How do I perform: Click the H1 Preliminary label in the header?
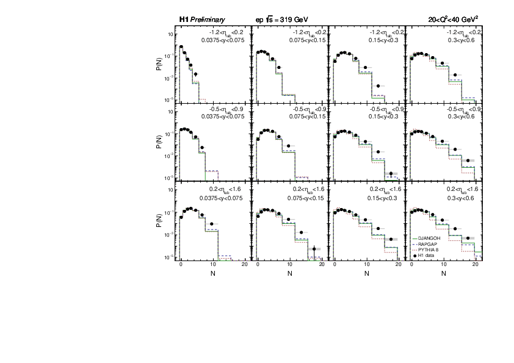coord(201,20)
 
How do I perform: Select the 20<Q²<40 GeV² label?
coord(452,20)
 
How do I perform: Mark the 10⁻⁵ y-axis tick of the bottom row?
coord(170,257)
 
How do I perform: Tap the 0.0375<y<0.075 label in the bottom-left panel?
coord(222,198)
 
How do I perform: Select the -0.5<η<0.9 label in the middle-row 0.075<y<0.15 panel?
coord(306,110)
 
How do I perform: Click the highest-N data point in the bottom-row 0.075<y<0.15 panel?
coord(314,248)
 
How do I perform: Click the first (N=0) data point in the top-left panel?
coord(181,47)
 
